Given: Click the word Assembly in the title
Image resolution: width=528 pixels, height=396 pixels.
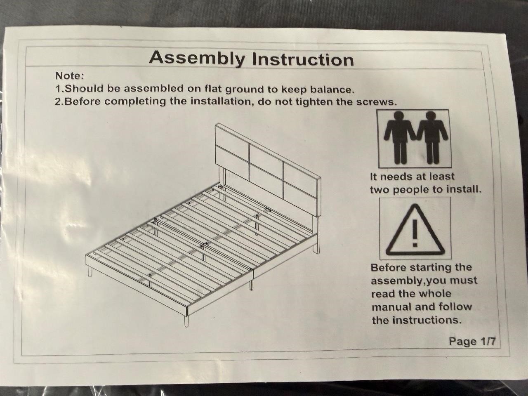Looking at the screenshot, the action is click(x=197, y=59).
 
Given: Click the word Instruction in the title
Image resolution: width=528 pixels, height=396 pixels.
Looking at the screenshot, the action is click(x=303, y=59).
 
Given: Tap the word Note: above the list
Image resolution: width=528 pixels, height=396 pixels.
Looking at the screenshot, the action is click(x=70, y=76).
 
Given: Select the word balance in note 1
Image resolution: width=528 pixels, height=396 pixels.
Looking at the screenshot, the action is click(x=332, y=90).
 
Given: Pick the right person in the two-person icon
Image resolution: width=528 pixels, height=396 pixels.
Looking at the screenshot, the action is click(x=432, y=137).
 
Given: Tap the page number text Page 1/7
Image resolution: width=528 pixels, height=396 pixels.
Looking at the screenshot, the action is click(x=472, y=341).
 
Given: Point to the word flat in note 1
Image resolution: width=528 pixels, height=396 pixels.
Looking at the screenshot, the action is click(x=213, y=89).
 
